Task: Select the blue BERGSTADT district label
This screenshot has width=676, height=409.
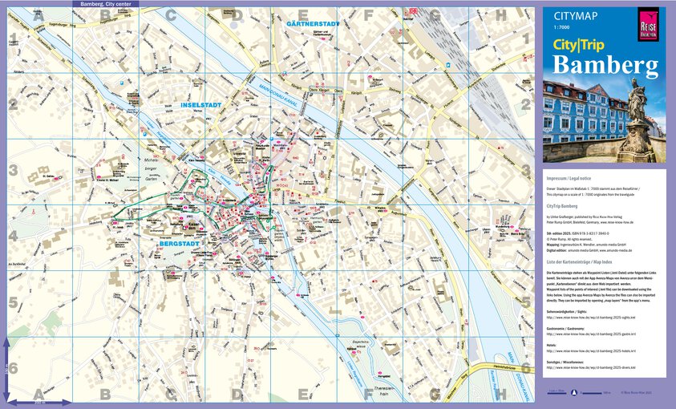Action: point(177,241)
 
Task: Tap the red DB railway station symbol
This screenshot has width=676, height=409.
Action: point(414,10)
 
